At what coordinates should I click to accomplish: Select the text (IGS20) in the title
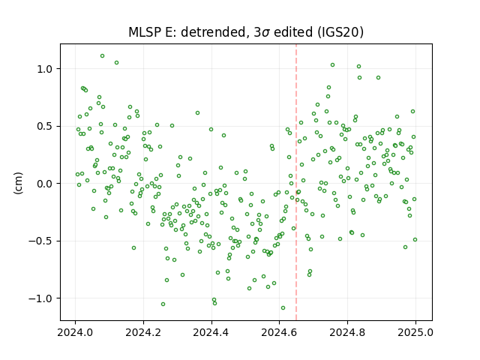pyautogui.click(x=340, y=32)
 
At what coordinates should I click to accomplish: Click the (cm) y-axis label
pyautogui.click(x=18, y=183)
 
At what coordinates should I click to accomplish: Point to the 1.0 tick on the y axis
pyautogui.click(x=44, y=69)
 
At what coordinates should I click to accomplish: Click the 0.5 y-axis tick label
pyautogui.click(x=44, y=127)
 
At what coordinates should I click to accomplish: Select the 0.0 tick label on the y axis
pyautogui.click(x=44, y=184)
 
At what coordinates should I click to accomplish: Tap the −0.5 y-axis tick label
pyautogui.click(x=40, y=241)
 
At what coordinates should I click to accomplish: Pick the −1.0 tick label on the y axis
pyautogui.click(x=40, y=298)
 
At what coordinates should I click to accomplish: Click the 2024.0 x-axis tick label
pyautogui.click(x=75, y=332)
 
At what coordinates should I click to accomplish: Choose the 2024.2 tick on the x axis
pyautogui.click(x=143, y=332)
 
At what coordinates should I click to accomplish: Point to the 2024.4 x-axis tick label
pyautogui.click(x=211, y=332)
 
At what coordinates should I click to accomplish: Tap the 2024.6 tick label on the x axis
pyautogui.click(x=279, y=332)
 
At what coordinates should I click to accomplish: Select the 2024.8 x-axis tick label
pyautogui.click(x=347, y=332)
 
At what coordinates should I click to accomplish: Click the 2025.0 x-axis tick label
pyautogui.click(x=415, y=332)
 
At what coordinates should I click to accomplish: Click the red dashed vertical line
pyautogui.click(x=296, y=182)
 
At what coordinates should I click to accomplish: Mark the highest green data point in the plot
pyautogui.click(x=102, y=56)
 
